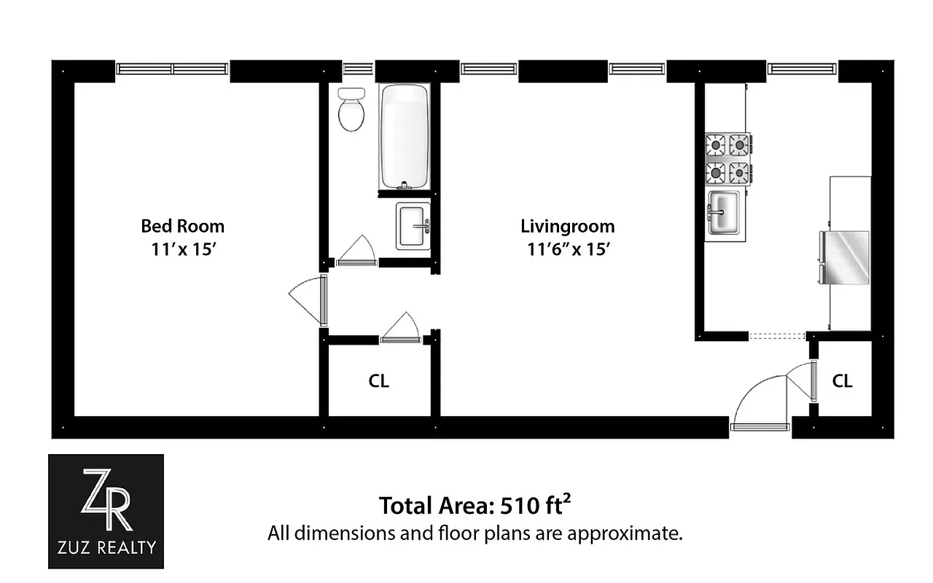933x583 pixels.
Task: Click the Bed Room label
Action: (182, 226)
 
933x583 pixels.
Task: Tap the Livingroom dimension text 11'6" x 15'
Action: (568, 249)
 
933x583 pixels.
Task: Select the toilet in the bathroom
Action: (351, 109)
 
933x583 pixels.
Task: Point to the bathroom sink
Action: (413, 226)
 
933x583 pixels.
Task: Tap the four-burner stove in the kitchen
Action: (727, 159)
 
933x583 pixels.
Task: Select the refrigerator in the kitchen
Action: (846, 257)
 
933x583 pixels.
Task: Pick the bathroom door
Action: (356, 251)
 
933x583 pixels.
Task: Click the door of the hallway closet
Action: (400, 329)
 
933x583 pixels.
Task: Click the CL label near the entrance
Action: (842, 381)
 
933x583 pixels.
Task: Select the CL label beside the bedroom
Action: (379, 381)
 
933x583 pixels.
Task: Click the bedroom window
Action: (173, 69)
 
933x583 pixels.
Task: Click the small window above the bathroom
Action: (358, 69)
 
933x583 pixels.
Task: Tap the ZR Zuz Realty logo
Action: (106, 511)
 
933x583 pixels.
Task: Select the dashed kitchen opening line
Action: (777, 336)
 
